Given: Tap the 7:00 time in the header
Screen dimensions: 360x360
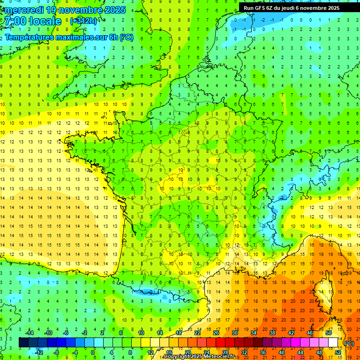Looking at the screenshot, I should tap(14, 21).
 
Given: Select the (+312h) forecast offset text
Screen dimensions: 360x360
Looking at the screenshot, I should tap(83, 21).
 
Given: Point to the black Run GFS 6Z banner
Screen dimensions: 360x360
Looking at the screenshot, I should tap(298, 7).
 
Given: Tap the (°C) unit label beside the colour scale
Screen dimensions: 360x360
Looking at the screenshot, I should tap(349, 343).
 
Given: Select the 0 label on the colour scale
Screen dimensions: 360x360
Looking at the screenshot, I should tap(93, 352).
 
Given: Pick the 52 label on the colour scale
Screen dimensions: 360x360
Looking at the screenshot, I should tap(338, 352).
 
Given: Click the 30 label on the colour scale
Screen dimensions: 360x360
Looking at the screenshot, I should tap(234, 333).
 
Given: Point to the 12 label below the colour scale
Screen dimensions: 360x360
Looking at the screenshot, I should tap(150, 352).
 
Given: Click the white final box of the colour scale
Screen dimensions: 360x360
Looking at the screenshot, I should tap(333, 343).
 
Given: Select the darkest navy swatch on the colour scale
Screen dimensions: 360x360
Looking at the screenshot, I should tap(23, 343).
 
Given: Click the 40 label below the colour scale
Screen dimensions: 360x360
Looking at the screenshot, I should tap(282, 352).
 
